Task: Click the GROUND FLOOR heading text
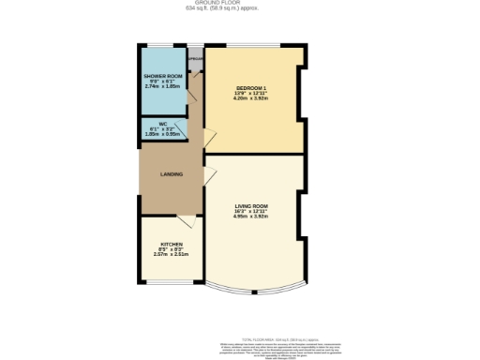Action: pyautogui.click(x=239, y=3)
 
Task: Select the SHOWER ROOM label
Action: pyautogui.click(x=162, y=75)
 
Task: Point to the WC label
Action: pyautogui.click(x=161, y=124)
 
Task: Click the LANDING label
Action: pyautogui.click(x=171, y=174)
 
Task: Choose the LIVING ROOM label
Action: pyautogui.click(x=251, y=205)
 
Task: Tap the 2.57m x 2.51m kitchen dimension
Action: pyautogui.click(x=170, y=254)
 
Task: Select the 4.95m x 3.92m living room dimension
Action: pyautogui.click(x=251, y=217)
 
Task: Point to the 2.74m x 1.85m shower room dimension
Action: pyautogui.click(x=162, y=86)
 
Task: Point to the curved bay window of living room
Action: pyautogui.click(x=253, y=293)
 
